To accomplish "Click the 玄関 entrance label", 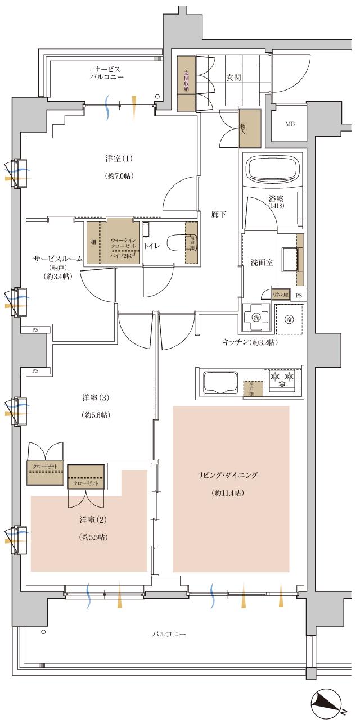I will pyautogui.click(x=235, y=78).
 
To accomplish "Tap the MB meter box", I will pyautogui.click(x=290, y=124).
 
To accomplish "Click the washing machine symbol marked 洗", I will pyautogui.click(x=256, y=319).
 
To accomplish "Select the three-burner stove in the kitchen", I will pyautogui.click(x=281, y=381).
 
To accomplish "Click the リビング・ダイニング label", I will pyautogui.click(x=227, y=475).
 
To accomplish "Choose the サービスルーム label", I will pyautogui.click(x=58, y=259).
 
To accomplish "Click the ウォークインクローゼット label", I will pyautogui.click(x=123, y=243).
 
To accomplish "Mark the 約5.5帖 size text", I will pyautogui.click(x=94, y=537).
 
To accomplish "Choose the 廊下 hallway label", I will pyautogui.click(x=219, y=214).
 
